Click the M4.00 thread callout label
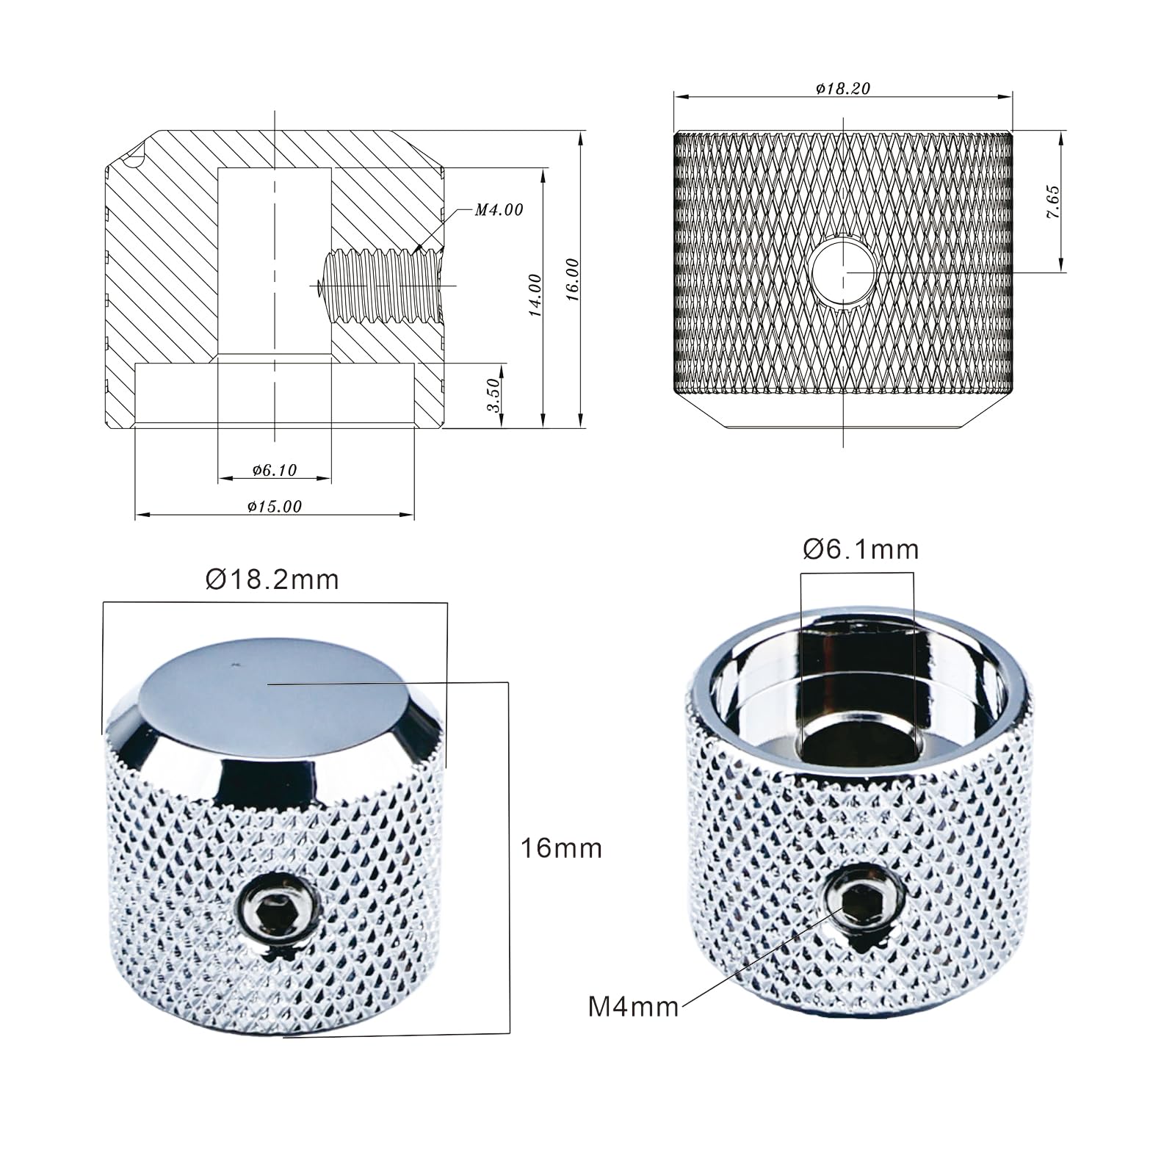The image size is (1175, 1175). [499, 210]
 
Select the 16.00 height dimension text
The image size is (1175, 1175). [574, 280]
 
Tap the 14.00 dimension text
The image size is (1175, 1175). [535, 295]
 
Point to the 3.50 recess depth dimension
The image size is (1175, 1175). [494, 396]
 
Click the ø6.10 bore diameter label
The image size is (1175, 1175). [274, 470]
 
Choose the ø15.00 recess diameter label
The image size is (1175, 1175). [274, 506]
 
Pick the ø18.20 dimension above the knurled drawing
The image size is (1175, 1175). [842, 88]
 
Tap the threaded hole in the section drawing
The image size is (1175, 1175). [382, 284]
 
